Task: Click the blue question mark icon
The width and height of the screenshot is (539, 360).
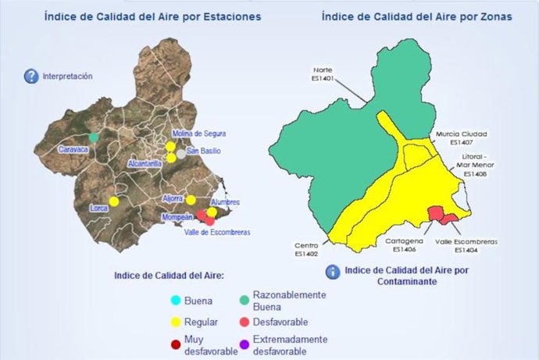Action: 31,76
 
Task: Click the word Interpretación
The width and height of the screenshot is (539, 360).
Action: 69,77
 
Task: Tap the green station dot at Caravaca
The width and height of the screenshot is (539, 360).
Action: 94,137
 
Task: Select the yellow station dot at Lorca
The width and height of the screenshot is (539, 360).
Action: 113,201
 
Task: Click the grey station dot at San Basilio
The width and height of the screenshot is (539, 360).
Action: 182,154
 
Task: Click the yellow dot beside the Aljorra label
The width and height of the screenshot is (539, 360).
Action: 191,200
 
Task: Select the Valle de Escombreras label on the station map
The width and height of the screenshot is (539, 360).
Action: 212,231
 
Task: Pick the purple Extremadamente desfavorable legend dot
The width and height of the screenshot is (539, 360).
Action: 246,344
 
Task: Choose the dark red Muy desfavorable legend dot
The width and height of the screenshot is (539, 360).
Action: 176,344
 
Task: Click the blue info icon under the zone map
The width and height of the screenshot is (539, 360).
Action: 333,271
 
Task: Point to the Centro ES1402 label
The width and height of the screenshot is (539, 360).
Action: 307,249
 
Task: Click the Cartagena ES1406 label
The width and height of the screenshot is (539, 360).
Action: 405,245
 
